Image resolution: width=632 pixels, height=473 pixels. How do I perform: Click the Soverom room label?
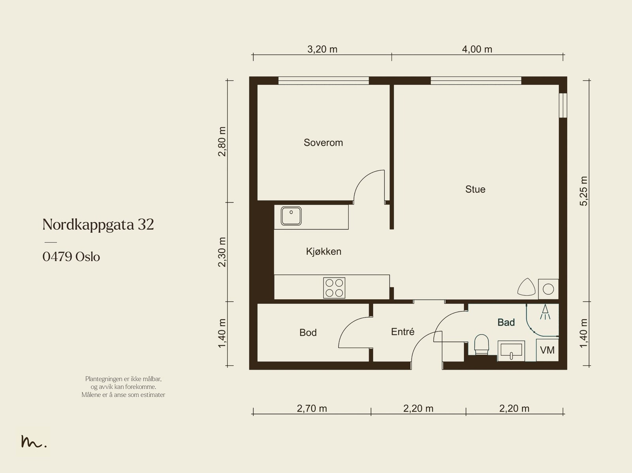pos(323,143)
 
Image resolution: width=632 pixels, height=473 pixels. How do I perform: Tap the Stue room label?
pos(475,189)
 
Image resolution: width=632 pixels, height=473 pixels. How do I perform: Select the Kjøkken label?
pos(324,252)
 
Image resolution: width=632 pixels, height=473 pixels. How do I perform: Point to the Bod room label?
pos(308,332)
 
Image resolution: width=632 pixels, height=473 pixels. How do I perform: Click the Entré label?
pos(403,332)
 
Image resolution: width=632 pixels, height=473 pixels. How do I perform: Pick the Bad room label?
pos(506,322)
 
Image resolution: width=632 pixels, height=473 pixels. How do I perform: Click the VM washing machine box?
pos(547,350)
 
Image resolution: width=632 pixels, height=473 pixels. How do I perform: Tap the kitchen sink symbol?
pos(291,216)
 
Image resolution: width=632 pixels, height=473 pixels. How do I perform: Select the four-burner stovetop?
pos(334,288)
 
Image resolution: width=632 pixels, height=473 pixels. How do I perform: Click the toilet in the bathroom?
pos(482,344)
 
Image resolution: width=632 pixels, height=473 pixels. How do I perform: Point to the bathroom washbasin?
pos(511,351)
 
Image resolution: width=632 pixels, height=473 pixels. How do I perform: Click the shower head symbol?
pos(545,312)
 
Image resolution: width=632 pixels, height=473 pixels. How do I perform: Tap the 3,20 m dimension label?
pos(322,49)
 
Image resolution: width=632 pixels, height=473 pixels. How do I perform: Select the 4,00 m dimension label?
pos(477,49)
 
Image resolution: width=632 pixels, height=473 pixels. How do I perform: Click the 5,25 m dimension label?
pos(583,191)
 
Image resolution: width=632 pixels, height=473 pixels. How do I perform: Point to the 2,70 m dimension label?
pos(312,409)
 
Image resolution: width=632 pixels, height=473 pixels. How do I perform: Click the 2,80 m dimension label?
pos(222,142)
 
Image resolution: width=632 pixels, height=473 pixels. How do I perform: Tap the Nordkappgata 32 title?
pos(98,225)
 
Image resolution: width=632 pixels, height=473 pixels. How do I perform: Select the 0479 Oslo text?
pos(71,257)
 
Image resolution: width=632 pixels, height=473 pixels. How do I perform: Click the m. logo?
pos(34,441)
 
